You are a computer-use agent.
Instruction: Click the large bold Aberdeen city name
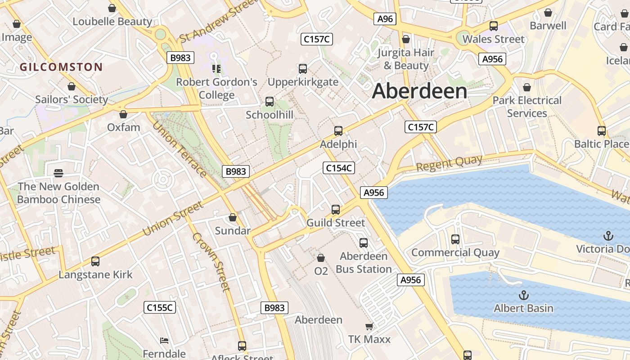[x=419, y=91]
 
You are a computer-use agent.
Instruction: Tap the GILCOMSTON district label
[x=61, y=67]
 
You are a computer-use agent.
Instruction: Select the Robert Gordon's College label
[x=216, y=88]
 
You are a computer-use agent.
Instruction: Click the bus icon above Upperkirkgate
[x=303, y=69]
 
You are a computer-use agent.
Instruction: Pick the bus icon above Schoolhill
[x=270, y=102]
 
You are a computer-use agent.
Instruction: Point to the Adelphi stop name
[x=338, y=144]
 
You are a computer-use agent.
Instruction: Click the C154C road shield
[x=339, y=168]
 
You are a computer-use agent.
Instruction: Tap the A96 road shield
[x=385, y=19]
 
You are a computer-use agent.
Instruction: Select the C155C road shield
[x=160, y=308]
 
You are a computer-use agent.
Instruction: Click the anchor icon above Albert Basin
[x=523, y=295]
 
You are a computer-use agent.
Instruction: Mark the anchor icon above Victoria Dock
[x=608, y=236]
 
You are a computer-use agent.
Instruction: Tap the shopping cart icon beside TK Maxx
[x=369, y=326]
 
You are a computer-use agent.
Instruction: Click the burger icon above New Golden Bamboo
[x=58, y=173]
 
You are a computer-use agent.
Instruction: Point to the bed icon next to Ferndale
[x=164, y=341]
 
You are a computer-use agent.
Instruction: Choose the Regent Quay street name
[x=449, y=163]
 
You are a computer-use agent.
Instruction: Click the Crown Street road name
[x=211, y=262]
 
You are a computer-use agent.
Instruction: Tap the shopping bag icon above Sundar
[x=233, y=218]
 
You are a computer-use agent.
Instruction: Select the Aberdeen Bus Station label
[x=364, y=262]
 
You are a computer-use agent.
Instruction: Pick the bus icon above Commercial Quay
[x=455, y=239]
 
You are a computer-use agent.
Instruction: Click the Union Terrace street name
[x=179, y=149]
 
